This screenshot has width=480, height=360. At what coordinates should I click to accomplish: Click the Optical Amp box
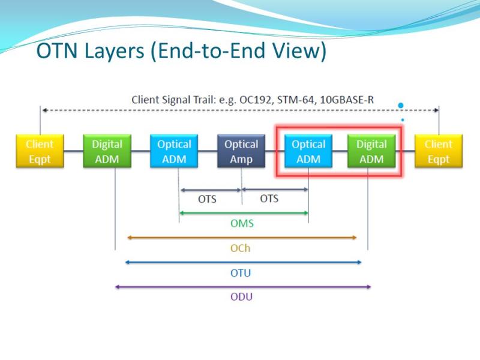coord(241,151)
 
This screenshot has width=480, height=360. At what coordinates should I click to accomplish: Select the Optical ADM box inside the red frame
coord(308,151)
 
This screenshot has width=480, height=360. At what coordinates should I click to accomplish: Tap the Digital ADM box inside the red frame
coord(371,151)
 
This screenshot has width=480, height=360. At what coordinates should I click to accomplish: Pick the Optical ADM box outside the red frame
coord(174,151)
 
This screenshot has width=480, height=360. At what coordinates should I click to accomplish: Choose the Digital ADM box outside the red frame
coord(107,151)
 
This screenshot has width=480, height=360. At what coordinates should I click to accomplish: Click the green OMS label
coord(242,223)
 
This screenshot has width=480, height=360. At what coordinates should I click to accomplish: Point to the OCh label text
coord(241,248)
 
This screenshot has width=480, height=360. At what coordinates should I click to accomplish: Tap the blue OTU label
coord(241,273)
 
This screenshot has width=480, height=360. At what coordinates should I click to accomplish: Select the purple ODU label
coord(242,296)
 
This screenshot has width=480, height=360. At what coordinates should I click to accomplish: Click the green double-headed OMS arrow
coord(244,213)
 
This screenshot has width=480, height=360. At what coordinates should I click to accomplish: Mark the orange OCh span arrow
coord(242,237)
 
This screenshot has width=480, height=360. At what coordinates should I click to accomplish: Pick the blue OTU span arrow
coord(244,262)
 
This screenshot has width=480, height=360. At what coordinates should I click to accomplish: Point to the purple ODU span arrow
coord(243,287)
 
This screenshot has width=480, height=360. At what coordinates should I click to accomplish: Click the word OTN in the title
coord(57,50)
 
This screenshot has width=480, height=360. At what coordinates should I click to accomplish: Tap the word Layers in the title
coord(114,52)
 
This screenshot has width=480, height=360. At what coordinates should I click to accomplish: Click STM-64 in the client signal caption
coord(296,100)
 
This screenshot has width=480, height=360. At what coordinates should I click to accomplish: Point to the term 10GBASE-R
coord(347,100)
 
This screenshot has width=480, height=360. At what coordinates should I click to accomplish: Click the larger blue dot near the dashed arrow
coord(400,106)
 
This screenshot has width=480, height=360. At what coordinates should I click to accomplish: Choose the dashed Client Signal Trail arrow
coord(241,110)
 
